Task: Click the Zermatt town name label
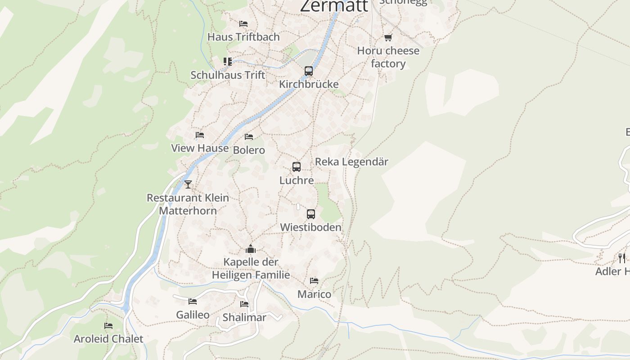tap(334, 6)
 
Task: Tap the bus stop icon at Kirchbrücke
tap(308, 71)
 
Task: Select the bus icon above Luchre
tap(296, 167)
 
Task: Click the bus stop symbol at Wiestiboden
tap(310, 214)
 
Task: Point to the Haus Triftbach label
tap(243, 37)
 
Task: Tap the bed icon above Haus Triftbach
tap(243, 24)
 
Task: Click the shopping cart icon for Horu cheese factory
tap(388, 37)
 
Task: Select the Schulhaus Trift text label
tap(228, 75)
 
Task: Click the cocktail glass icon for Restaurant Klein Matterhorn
tap(188, 184)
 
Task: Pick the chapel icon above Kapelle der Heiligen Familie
tap(251, 249)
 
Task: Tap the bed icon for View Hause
tap(200, 135)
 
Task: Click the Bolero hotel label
tap(249, 150)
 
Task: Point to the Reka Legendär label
tap(351, 162)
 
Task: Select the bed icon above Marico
tap(314, 281)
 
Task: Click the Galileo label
tap(193, 315)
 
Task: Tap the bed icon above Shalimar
tap(244, 304)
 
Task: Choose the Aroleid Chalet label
tap(108, 339)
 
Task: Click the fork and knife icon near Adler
tap(621, 258)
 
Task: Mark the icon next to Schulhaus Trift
tap(228, 61)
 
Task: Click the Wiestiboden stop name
tap(310, 228)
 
